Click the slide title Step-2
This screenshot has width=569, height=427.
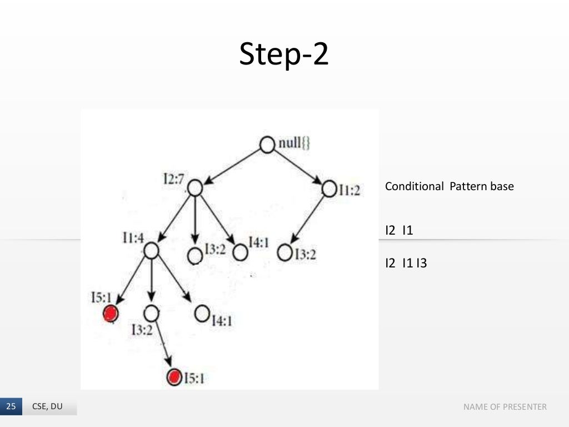click(284, 54)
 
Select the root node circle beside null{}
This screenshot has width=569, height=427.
click(267, 145)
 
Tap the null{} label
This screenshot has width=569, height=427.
click(294, 143)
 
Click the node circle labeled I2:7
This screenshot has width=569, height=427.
click(194, 188)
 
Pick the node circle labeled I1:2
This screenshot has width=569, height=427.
click(329, 188)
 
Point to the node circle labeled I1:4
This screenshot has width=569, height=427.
click(151, 251)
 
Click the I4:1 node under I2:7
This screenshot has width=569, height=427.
click(240, 252)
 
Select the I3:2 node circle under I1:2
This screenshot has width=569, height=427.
click(284, 253)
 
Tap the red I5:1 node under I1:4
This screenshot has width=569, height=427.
click(111, 314)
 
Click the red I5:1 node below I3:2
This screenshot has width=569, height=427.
click(174, 377)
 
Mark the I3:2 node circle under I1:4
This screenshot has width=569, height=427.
click(151, 314)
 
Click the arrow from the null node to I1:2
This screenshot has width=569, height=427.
click(298, 166)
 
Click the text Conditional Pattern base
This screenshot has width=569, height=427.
click(449, 186)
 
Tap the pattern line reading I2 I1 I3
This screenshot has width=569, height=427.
click(406, 263)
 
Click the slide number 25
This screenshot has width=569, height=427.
click(11, 407)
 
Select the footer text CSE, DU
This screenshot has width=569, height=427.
click(48, 407)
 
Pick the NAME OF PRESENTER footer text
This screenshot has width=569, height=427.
click(505, 407)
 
